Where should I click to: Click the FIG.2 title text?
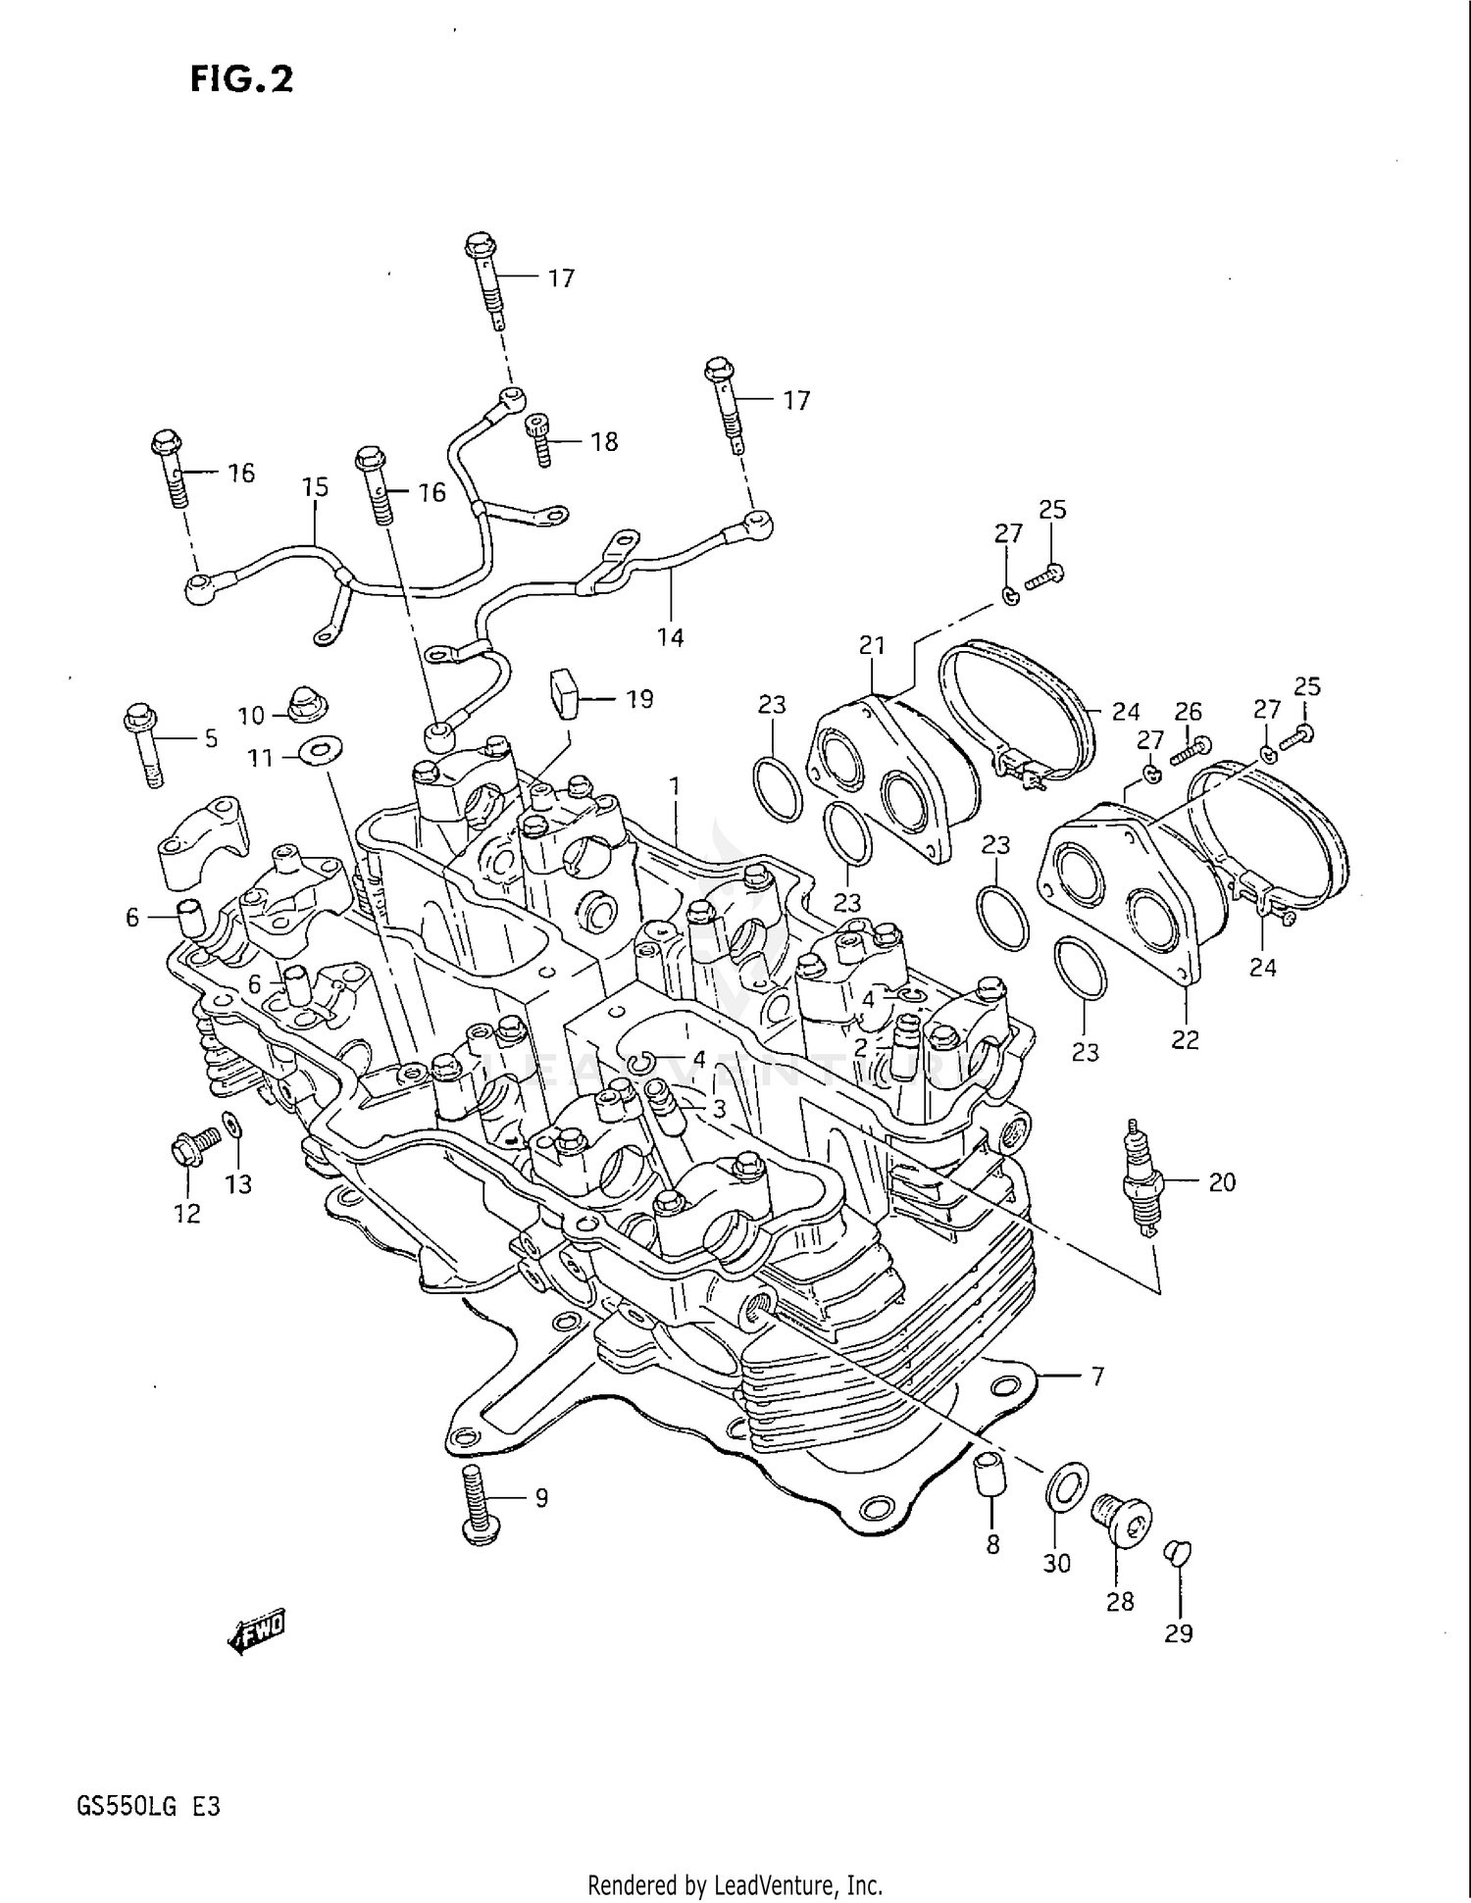(241, 78)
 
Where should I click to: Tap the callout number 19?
(639, 699)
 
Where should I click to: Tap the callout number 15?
(315, 487)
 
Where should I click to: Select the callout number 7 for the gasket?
(1096, 1377)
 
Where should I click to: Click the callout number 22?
(1185, 1039)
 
